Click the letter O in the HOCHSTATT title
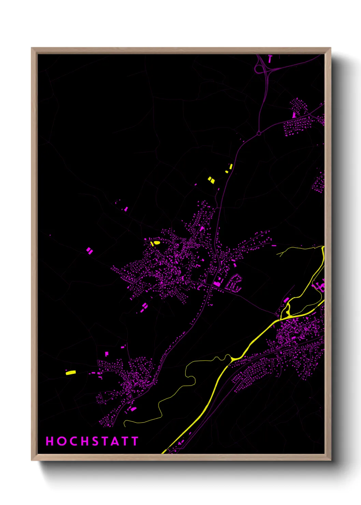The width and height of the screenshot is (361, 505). click(61, 441)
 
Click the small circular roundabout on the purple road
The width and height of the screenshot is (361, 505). click(259, 133)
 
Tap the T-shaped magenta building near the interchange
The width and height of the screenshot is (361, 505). click(270, 59)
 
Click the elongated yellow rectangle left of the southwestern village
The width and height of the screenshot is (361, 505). click(71, 372)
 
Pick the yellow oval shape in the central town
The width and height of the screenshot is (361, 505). click(156, 243)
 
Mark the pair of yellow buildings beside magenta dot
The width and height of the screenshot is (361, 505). click(212, 180)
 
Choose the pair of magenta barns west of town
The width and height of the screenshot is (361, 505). click(89, 251)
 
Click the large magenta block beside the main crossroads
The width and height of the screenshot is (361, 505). click(217, 283)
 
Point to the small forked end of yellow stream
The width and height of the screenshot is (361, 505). click(280, 254)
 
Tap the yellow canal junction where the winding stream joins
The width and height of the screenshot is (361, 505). click(232, 359)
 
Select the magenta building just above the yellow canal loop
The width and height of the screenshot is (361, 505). click(286, 300)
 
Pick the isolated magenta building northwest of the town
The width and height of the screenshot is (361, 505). click(126, 208)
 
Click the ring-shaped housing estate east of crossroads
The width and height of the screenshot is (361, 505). click(234, 283)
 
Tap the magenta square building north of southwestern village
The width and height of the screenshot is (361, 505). click(106, 353)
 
